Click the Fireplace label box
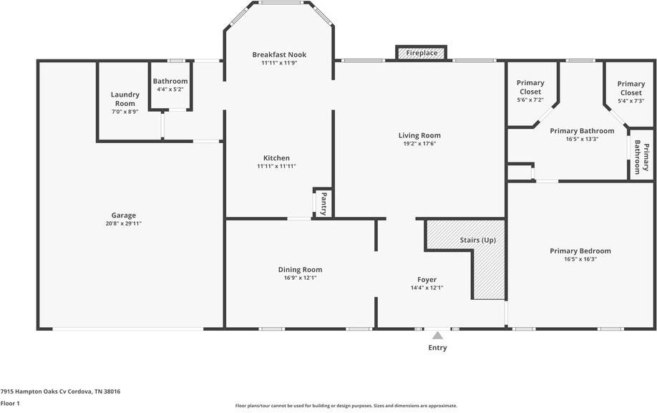coord(421,53)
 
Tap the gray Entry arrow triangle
coord(437,335)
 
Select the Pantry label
coord(323,203)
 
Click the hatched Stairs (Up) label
coord(478,240)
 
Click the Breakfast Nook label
coord(279,54)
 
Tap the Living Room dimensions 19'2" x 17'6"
coord(419,144)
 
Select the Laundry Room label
coord(125,99)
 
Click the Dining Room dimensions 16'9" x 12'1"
coord(300,278)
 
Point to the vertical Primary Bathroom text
coord(642,159)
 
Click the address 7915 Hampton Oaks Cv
coord(60,392)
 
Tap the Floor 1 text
coord(10,404)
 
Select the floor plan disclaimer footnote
coord(346,406)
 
